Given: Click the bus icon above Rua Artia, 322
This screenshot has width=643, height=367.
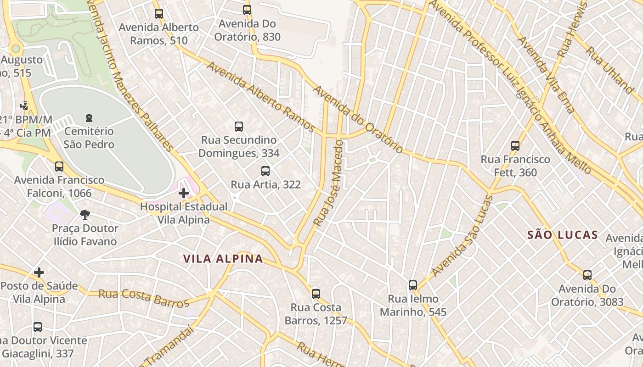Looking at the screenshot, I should click(x=265, y=171).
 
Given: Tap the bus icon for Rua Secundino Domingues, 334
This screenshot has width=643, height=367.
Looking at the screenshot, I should click(x=239, y=127).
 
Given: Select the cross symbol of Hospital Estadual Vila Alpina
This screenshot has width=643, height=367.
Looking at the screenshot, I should click(x=184, y=193).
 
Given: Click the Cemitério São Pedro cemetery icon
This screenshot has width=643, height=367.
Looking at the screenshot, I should click(x=89, y=118).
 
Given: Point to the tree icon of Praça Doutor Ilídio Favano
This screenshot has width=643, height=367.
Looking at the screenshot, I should click(x=85, y=214).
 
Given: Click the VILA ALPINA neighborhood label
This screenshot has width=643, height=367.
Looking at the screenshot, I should click(x=223, y=259).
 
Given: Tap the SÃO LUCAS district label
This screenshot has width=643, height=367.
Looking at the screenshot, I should click(x=563, y=235).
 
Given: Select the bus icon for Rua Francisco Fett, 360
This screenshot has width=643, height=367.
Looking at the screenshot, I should click(x=515, y=146).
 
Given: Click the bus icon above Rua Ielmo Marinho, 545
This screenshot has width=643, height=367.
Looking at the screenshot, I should click(x=413, y=285).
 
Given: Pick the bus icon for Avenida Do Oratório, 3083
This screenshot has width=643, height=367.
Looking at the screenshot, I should click(x=587, y=275).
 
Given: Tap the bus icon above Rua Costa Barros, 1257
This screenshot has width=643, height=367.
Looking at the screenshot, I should click(x=316, y=294).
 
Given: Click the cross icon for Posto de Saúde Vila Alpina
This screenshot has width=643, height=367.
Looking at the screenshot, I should click(x=39, y=272).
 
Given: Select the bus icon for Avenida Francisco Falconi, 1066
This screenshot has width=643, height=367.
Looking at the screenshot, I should click(x=59, y=167).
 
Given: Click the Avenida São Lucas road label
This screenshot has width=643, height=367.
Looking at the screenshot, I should click(x=463, y=236).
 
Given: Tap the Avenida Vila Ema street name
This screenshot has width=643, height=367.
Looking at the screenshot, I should click(x=546, y=75).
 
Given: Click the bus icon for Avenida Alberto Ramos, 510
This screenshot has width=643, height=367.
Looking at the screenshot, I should click(x=159, y=14).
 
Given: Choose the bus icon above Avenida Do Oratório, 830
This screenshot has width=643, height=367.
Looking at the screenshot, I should click(x=247, y=10).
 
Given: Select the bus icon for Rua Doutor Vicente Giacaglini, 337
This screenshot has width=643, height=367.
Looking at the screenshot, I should click(x=38, y=327).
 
